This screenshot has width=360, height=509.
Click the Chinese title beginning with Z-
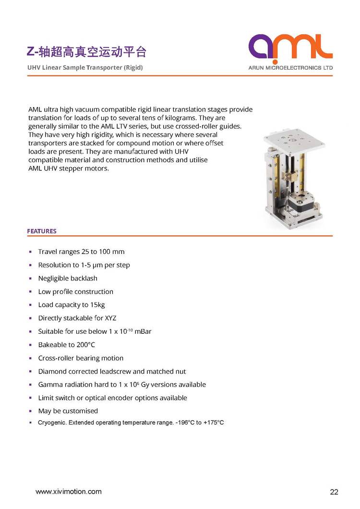[x=86, y=51]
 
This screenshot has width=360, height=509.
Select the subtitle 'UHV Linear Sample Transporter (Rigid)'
[x=85, y=67]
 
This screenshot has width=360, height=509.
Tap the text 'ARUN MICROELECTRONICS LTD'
[x=290, y=68]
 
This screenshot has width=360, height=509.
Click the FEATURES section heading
[x=42, y=231]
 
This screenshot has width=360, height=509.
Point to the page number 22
[x=334, y=492]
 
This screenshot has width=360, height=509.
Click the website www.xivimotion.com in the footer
[x=69, y=491]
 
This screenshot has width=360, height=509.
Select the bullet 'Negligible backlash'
[x=68, y=278]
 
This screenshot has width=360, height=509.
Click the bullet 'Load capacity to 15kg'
[x=72, y=305]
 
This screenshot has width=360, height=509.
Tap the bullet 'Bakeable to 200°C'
[x=67, y=345]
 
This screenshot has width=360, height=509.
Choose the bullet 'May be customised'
[x=68, y=411]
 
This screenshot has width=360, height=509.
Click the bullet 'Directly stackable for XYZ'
[x=77, y=318]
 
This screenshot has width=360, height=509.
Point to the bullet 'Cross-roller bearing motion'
[x=81, y=358]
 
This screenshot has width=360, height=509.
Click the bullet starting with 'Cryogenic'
[x=131, y=423]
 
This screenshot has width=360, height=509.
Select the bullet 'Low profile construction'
[x=76, y=291]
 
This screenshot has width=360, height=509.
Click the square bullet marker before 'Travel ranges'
[x=30, y=252]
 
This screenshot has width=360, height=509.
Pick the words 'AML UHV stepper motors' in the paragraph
[x=69, y=169]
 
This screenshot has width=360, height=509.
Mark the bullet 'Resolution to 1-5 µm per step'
[x=84, y=265]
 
